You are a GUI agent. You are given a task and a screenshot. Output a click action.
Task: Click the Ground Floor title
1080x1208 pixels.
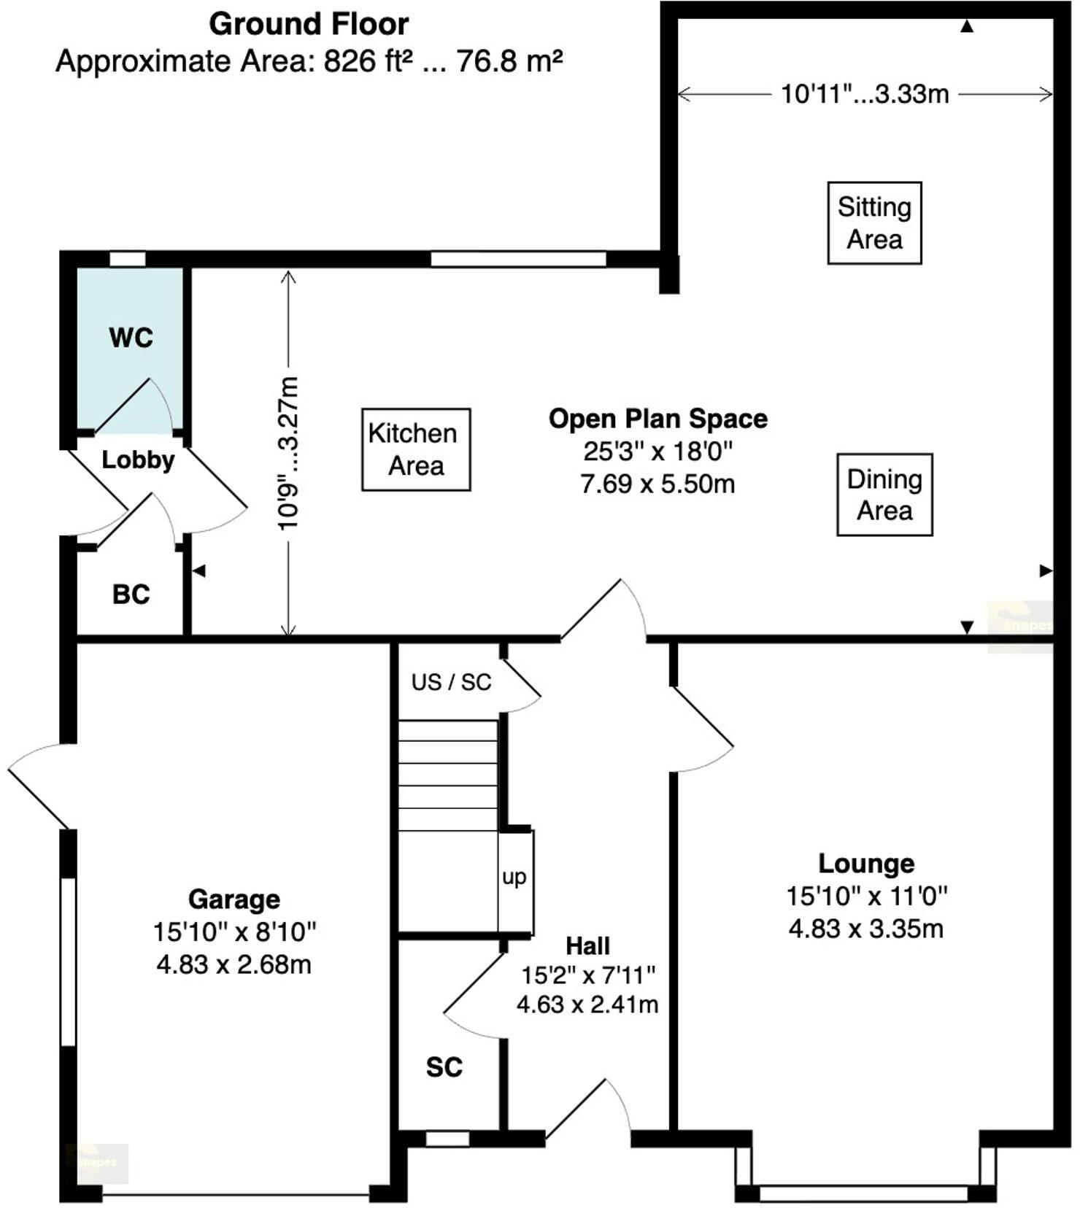309,24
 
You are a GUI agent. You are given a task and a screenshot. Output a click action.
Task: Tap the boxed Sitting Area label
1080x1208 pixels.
874,223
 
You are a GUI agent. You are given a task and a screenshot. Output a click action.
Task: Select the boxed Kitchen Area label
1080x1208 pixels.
416,449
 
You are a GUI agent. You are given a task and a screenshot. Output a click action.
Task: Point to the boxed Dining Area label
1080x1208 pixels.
884,495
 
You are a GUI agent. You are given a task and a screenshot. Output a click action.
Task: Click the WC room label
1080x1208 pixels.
131,338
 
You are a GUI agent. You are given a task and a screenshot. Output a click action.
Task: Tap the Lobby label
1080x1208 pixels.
138,460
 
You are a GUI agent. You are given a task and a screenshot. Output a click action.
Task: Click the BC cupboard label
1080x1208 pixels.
131,595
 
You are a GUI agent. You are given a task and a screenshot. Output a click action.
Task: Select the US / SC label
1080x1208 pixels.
451,682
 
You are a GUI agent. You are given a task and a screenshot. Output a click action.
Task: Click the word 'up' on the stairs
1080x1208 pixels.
514,877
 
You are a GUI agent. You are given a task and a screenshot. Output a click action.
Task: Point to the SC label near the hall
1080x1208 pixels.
444,1067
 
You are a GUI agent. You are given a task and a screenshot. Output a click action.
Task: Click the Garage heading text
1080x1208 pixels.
234,899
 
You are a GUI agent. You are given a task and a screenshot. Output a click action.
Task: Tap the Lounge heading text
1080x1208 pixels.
865,863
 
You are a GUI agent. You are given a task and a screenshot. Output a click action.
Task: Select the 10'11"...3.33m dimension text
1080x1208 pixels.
865,94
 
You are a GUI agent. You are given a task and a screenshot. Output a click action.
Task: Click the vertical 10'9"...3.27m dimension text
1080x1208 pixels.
289,453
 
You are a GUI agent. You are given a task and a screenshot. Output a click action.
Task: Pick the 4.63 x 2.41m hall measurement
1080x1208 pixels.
587,1004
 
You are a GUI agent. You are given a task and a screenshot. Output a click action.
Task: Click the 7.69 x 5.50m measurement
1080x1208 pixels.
657,484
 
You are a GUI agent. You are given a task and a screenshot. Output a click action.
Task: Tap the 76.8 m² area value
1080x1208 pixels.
509,61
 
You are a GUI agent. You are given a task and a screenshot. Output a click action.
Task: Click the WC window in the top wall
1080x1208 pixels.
128,258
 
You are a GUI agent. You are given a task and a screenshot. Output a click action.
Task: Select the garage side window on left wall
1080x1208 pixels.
68,962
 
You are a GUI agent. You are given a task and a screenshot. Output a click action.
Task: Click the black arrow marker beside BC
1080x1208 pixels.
198,571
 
